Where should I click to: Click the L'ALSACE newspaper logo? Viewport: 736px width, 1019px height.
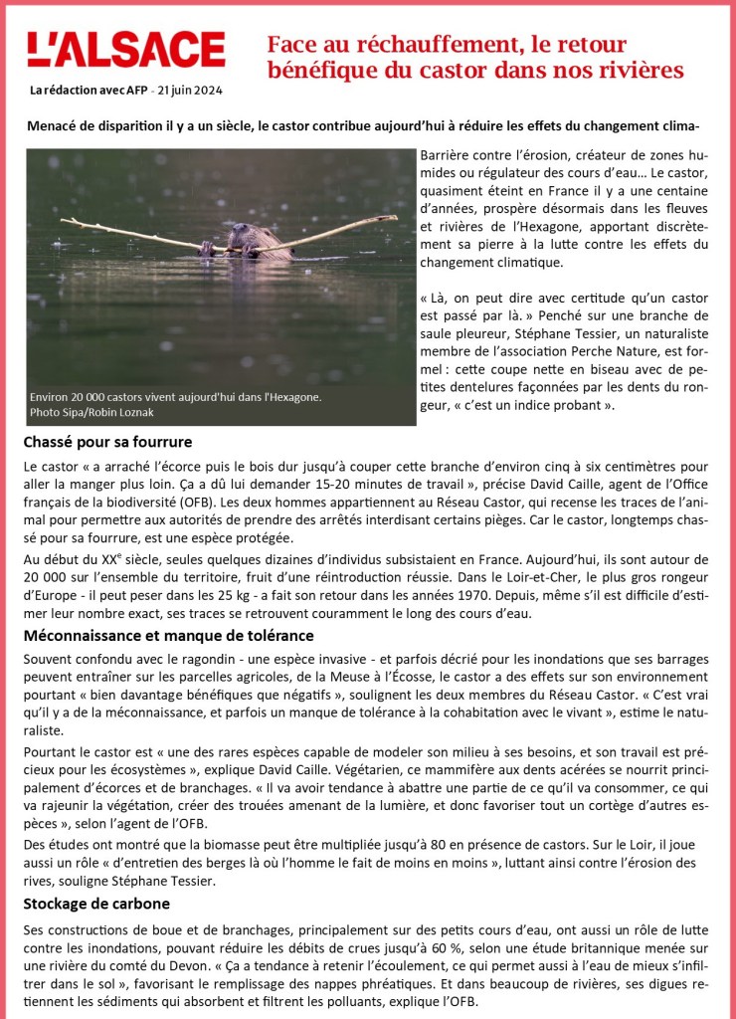tap(126, 50)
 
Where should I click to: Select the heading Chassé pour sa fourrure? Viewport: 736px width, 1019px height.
tap(107, 442)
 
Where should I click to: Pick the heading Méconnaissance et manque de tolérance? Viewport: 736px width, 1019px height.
tap(168, 635)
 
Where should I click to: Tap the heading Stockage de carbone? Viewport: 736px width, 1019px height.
tap(96, 904)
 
